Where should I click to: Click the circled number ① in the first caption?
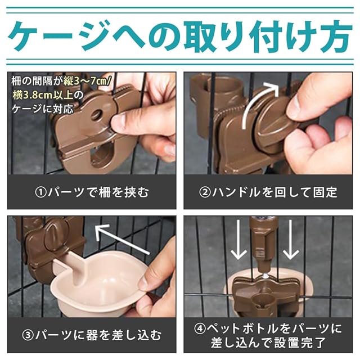click(x=40, y=192)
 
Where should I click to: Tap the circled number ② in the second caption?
click(x=205, y=192)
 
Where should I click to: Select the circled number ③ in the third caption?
click(x=28, y=335)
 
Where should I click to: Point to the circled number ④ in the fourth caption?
click(x=200, y=329)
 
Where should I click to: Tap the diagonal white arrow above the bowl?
click(x=121, y=239)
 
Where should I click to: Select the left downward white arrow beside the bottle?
click(x=238, y=240)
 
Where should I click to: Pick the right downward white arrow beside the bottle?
click(x=290, y=240)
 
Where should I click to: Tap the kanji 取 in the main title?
click(x=200, y=36)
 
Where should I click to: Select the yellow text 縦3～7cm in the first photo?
click(x=87, y=81)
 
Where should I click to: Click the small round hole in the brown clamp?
click(x=97, y=114)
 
